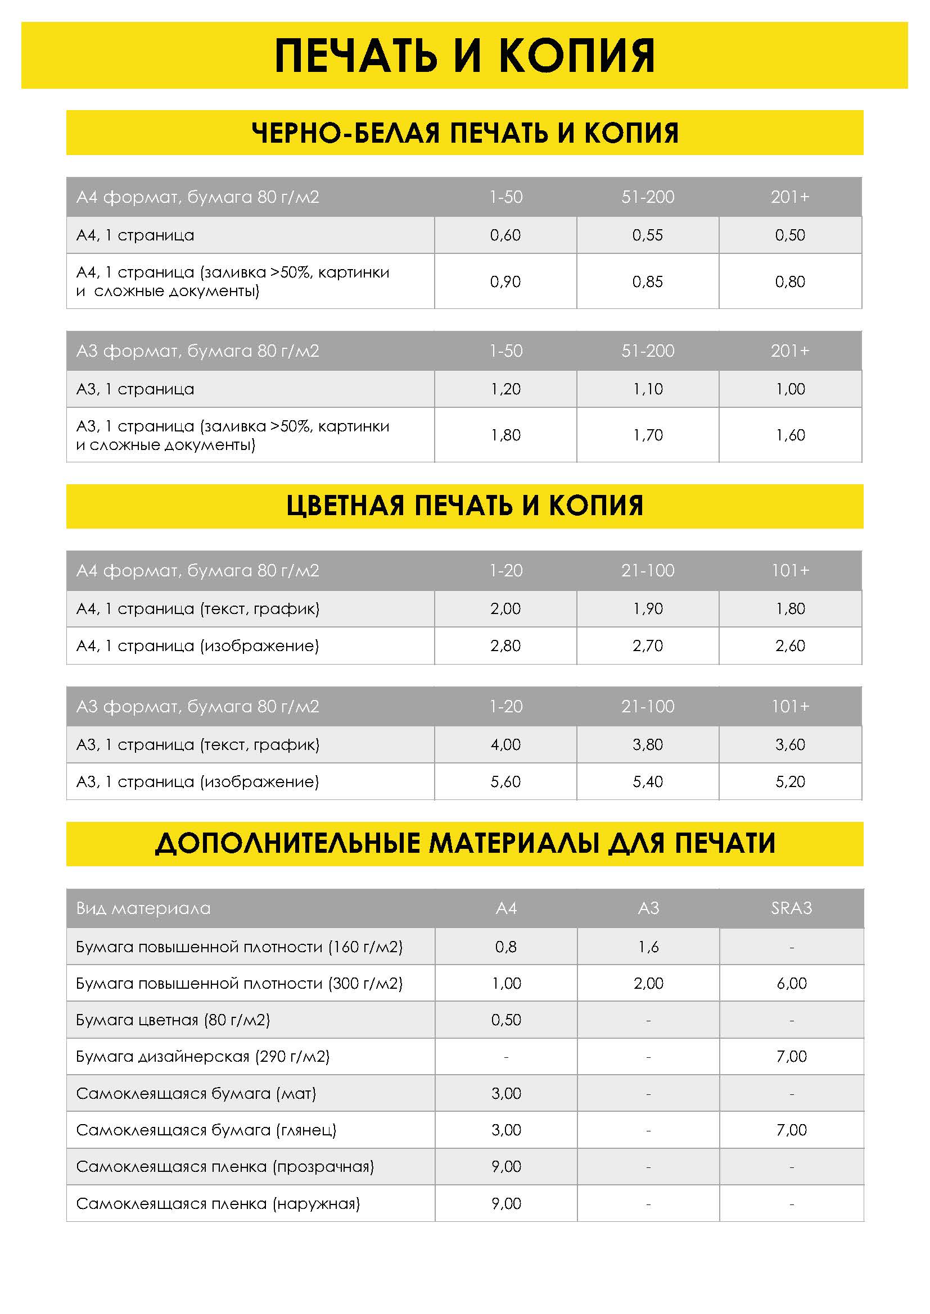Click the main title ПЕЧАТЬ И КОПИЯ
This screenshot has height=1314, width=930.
464,56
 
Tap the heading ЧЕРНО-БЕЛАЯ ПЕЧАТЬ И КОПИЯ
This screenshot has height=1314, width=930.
464,133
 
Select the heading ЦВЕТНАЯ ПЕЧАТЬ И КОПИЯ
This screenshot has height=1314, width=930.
464,506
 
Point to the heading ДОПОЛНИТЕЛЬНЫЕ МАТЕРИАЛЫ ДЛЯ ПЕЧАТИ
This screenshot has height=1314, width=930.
464,844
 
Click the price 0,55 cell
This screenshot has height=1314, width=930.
647,235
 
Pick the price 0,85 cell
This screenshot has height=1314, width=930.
647,281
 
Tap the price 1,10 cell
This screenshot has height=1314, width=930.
647,389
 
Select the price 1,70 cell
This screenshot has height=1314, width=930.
647,435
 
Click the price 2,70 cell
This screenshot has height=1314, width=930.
647,645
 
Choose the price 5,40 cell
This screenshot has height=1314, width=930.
647,781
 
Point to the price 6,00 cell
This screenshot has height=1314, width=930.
792,983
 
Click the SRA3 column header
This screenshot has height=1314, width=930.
792,908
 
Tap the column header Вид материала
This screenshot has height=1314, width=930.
143,908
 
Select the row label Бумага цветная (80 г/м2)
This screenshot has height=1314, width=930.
173,1020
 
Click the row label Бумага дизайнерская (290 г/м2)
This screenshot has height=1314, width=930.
203,1057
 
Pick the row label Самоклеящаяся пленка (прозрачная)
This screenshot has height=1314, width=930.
224,1166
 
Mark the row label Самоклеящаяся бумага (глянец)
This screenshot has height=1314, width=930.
206,1130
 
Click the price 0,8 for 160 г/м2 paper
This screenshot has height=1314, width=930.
505,947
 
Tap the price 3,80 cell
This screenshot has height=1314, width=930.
647,744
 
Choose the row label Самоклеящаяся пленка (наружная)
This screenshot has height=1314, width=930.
218,1203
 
